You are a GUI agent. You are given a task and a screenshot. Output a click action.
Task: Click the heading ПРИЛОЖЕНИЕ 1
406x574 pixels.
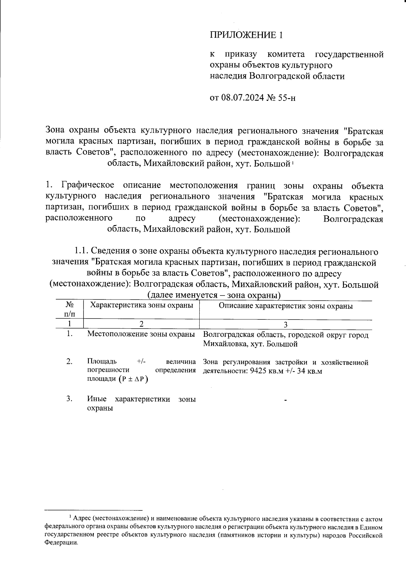point(246,35)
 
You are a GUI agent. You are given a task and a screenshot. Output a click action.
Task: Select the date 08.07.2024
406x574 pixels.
point(243,98)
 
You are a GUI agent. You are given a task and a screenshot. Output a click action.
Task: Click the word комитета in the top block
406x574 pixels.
point(286,54)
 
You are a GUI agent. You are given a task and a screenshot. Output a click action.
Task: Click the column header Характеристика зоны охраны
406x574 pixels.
point(141,305)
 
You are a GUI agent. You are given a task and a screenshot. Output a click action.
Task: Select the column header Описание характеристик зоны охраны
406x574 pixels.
point(286,306)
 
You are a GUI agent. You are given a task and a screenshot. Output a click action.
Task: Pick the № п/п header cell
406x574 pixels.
point(69,309)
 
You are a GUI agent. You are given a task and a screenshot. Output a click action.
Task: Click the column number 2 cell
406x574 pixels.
point(141,324)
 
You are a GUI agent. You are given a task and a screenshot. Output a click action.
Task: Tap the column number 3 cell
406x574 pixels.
point(286,324)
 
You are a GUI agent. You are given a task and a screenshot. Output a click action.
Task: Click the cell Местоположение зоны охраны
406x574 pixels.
point(141,334)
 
